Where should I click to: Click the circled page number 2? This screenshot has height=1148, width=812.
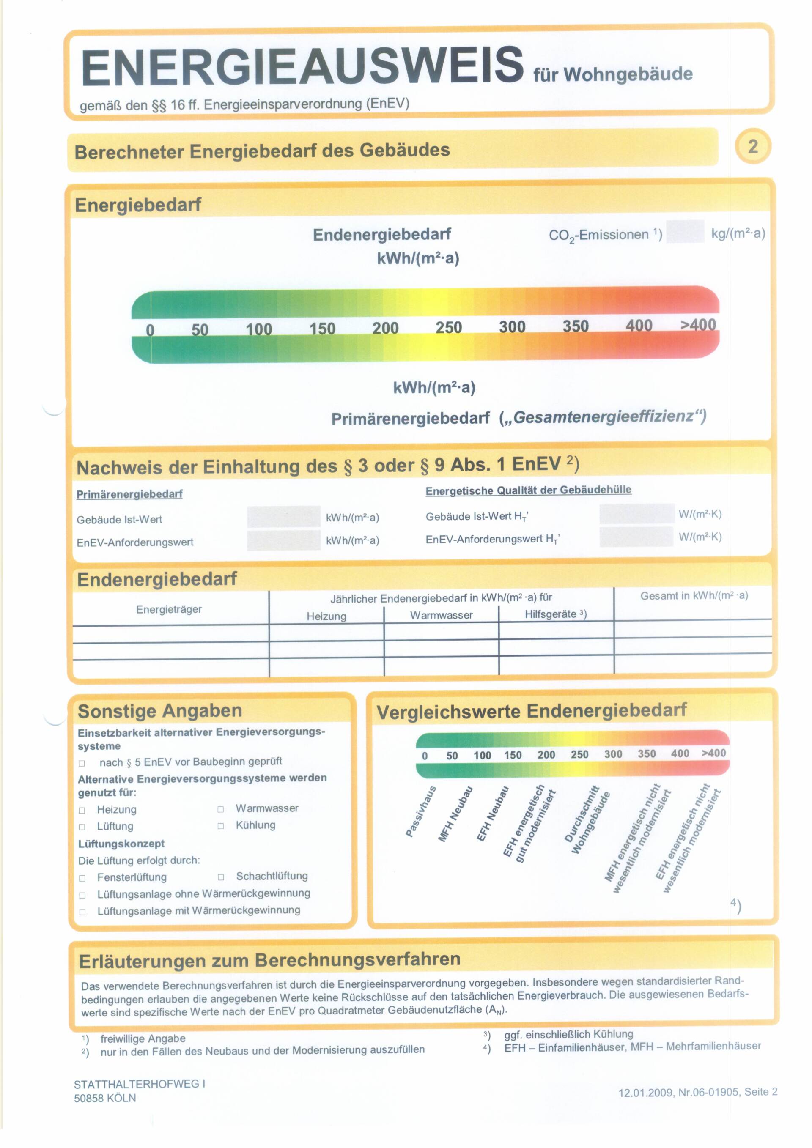752,146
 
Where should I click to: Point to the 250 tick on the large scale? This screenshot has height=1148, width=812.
448,328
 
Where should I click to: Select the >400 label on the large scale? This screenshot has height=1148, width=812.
698,325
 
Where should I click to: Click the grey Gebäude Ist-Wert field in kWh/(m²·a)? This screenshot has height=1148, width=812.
283,517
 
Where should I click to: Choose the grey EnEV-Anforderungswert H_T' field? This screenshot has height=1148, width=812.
636,537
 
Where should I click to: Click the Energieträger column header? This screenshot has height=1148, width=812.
169,609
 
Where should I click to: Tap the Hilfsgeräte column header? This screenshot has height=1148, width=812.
555,614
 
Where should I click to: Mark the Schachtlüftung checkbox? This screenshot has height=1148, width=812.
221,877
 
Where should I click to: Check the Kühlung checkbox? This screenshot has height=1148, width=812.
220,826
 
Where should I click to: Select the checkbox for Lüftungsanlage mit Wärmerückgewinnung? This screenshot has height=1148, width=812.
82,912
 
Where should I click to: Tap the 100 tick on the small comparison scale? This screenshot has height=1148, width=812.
483,756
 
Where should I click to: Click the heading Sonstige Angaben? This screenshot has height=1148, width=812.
160,710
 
